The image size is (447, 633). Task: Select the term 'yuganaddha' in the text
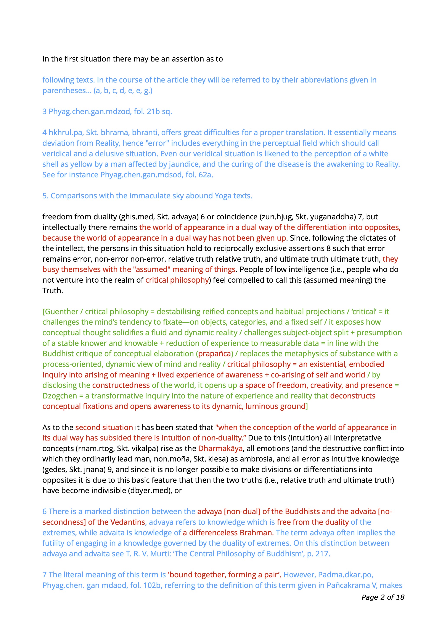tap(333, 217)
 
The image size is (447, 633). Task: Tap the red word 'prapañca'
tap(215, 354)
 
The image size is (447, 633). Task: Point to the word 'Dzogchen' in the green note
tap(60, 396)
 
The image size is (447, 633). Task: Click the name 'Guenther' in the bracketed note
tap(61, 312)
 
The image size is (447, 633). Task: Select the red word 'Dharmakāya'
tap(220, 448)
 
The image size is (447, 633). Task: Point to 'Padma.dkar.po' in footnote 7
tap(345, 575)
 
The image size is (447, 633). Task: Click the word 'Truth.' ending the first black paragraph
tap(53, 291)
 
